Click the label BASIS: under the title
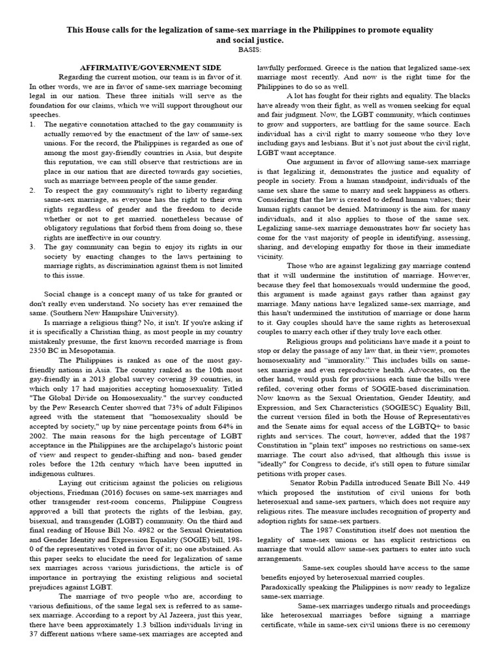pyautogui.click(x=249, y=50)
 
